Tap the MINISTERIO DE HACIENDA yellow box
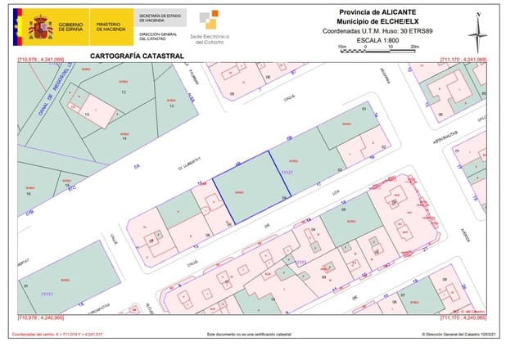point(110,27)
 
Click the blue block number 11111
point(46,292)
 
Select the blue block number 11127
point(287,173)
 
